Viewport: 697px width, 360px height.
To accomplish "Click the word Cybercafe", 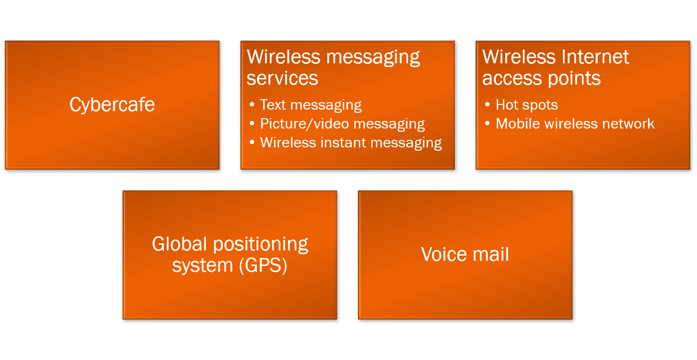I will (112, 104).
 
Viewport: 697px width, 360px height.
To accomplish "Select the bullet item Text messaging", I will (311, 104).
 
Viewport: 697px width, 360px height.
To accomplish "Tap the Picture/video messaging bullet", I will (342, 124).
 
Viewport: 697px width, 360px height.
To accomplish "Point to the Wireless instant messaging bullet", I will (351, 143).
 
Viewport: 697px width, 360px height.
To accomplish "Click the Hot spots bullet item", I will (527, 104).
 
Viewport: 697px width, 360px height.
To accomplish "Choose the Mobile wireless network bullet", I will (575, 124).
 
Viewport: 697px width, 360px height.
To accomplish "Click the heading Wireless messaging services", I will (333, 67).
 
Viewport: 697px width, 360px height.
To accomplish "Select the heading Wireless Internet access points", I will (555, 67).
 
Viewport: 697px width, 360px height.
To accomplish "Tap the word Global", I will (179, 244).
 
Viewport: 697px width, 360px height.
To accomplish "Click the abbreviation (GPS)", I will (263, 266).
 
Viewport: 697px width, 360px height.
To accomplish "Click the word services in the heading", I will (282, 78).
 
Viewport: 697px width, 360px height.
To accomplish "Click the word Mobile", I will (518, 124).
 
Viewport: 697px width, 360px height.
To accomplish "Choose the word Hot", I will (507, 104).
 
